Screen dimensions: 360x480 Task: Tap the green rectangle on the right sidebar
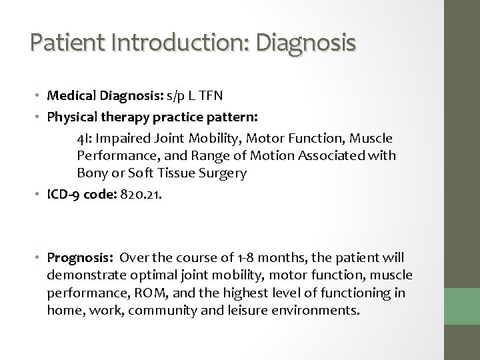click(x=461, y=303)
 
